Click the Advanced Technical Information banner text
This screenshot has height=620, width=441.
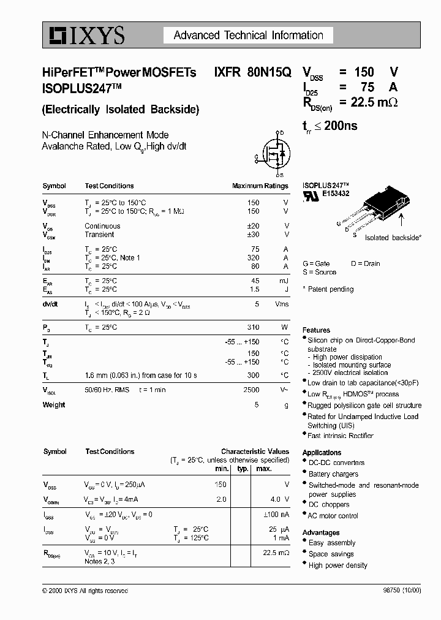click(248, 36)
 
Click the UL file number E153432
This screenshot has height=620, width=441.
click(336, 193)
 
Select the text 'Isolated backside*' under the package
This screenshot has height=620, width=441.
click(393, 237)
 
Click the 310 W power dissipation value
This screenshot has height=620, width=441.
click(253, 327)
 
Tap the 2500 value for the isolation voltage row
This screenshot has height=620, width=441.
click(251, 390)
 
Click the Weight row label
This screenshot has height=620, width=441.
click(54, 405)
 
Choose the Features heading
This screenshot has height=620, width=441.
click(316, 330)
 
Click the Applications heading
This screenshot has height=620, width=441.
click(322, 453)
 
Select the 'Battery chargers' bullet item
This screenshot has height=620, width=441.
click(333, 474)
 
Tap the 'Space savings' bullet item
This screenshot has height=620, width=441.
click(331, 554)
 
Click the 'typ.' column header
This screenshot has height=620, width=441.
click(242, 469)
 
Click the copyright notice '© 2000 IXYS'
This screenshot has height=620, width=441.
click(85, 591)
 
